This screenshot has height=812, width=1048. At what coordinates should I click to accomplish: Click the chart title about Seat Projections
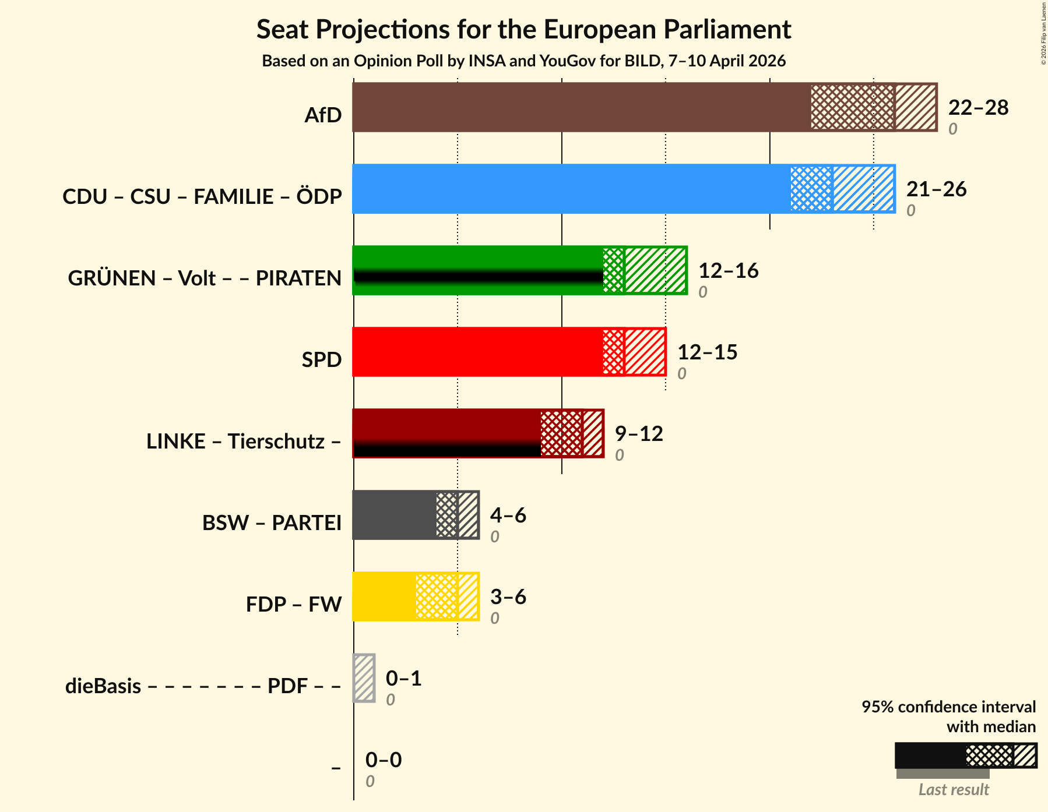pos(523,29)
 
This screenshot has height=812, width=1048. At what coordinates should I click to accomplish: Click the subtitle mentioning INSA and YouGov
pos(523,61)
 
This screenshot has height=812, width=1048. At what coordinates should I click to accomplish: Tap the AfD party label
pos(323,115)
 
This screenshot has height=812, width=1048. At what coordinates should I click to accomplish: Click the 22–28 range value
pos(978,108)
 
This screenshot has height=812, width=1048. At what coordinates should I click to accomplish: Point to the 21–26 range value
pos(936,189)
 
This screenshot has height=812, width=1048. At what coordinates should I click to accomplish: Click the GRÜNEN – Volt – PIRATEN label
pos(205,278)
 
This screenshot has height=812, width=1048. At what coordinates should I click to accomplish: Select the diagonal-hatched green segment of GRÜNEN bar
pos(655,270)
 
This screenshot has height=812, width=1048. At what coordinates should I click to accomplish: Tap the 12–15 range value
pos(707,352)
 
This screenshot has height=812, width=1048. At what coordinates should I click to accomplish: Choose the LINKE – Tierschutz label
pos(244,442)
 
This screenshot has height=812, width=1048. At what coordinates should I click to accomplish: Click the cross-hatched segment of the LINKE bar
pos(561,433)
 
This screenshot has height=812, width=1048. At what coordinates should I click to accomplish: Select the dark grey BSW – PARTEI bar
pos(395,515)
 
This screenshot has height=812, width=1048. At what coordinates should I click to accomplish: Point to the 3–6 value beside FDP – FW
pos(508,597)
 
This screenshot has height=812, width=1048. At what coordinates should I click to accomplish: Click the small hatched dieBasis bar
pos(364,678)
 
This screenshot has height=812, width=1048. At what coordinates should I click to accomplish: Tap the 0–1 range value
pos(403,679)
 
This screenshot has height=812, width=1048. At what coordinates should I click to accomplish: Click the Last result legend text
pos(954,790)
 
